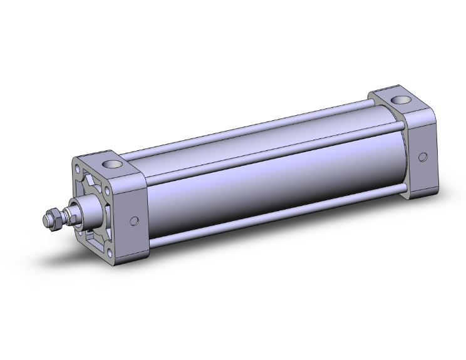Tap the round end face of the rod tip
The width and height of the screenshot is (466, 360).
46,220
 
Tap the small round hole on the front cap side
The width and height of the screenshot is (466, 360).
133,220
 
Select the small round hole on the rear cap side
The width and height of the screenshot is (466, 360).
423,157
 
